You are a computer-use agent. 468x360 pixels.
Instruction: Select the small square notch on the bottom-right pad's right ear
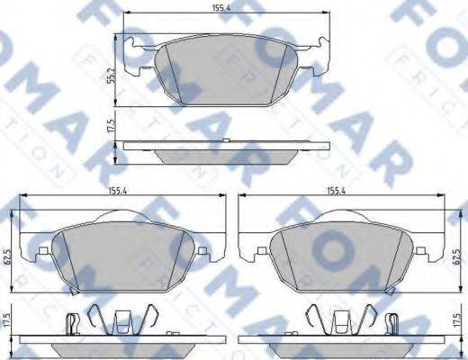(x=420, y=250)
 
